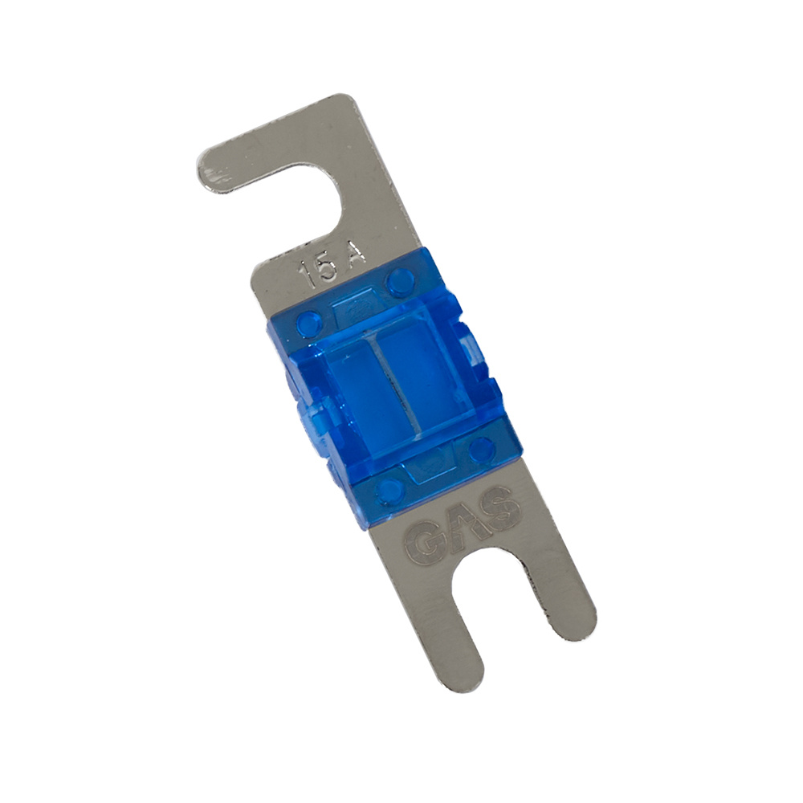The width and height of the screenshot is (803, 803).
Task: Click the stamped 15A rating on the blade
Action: click(x=332, y=264)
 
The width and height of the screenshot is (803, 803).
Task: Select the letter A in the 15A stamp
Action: click(x=353, y=255)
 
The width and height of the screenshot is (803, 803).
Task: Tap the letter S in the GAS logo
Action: click(x=499, y=508)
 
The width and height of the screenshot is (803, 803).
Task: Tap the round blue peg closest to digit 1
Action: click(x=306, y=324)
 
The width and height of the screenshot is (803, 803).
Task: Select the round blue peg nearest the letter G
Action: click(x=389, y=490)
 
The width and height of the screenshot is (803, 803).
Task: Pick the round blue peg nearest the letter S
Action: click(x=481, y=449)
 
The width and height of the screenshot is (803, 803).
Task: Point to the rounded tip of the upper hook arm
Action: click(x=210, y=173)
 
